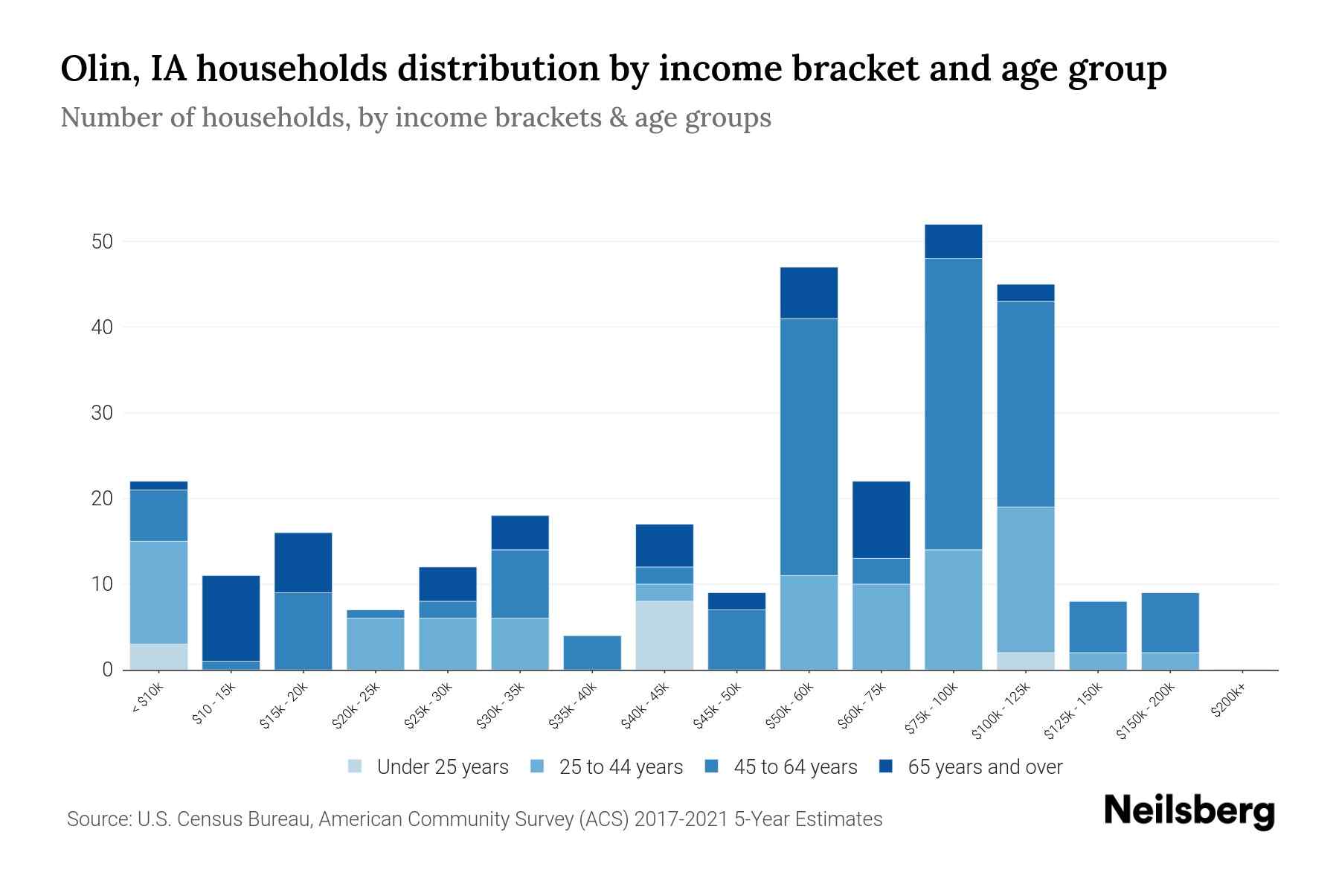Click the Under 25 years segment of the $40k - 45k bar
pos(664,636)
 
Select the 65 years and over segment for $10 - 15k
pos(231,618)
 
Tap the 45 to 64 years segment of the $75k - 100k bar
pos(953,403)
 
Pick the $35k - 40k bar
pos(592,653)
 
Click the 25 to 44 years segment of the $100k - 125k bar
pos(1025,579)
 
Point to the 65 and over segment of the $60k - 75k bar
pos(881,519)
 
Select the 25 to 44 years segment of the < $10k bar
pos(158,592)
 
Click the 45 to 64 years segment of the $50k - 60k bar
pos(809,446)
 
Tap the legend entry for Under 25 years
pos(442,767)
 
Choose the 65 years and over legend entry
pos(984,767)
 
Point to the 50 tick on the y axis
pos(102,242)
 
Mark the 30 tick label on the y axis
pos(102,413)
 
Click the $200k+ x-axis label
pos(1228,702)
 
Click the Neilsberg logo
pos(1189,811)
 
